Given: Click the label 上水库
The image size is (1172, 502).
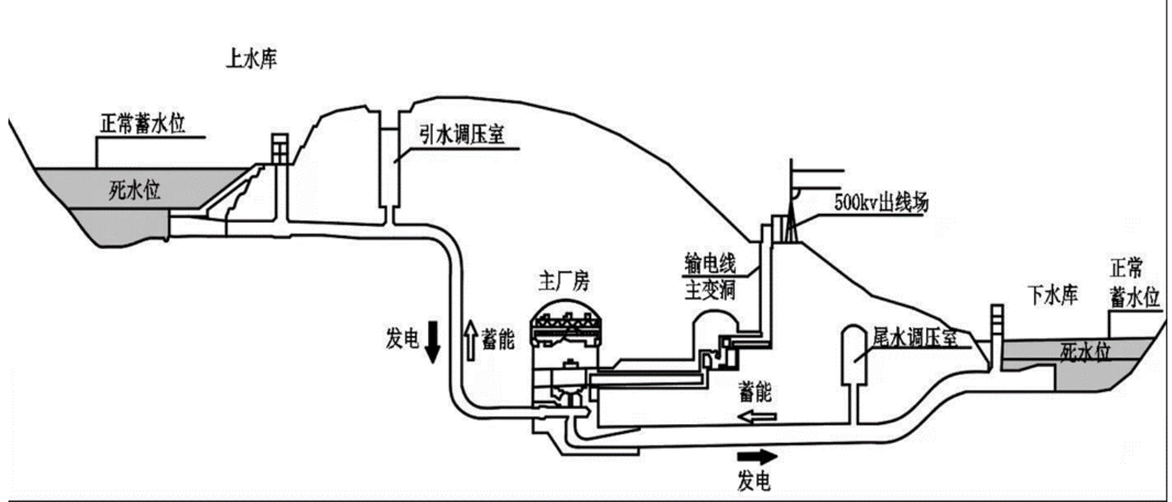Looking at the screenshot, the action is point(251,59).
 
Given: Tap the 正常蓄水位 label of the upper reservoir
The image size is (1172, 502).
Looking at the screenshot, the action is point(143,124).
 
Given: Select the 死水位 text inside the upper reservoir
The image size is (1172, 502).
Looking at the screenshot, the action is point(135,189).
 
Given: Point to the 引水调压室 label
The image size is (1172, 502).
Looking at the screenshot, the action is point(462,134).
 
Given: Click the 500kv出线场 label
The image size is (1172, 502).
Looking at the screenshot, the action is point(881,202).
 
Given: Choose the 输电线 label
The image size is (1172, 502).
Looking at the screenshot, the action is point(710,263).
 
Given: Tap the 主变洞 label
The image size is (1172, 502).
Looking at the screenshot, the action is point(710,290).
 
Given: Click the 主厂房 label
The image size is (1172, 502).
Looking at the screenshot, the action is point(563,282).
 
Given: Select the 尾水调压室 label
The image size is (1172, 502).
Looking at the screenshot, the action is point(914,338).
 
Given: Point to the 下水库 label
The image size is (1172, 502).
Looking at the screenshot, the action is point(1054,295).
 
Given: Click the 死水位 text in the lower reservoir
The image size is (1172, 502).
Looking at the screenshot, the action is point(1086,352).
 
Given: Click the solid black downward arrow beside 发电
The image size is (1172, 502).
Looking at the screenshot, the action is point(432,342).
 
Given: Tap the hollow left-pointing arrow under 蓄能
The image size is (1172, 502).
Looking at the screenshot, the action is point(757,416).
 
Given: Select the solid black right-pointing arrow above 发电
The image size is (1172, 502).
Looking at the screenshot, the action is point(757,456).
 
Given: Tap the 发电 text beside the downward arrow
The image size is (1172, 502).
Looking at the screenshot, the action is point(402,338).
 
